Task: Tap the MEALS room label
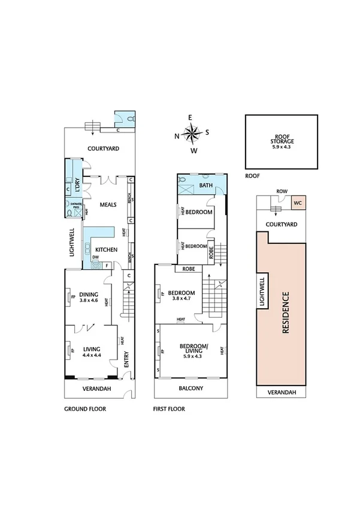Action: (108, 204)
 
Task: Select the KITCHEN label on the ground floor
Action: (105, 249)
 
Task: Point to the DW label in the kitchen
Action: (95, 258)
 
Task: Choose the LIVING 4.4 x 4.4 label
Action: (91, 351)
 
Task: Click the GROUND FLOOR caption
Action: (85, 409)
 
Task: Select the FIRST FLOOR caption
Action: (170, 409)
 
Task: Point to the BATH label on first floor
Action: (206, 186)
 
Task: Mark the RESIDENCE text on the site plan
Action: (286, 312)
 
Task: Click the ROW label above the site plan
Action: (281, 192)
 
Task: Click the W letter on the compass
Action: (193, 150)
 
